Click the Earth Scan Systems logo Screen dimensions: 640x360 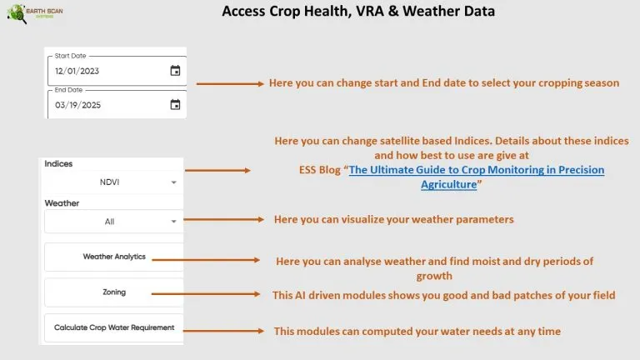[35, 13]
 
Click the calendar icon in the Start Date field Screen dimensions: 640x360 [175, 71]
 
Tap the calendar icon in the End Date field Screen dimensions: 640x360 [175, 104]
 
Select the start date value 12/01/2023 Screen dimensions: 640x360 [77, 71]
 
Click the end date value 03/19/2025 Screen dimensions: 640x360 [78, 105]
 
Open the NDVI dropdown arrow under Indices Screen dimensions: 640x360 [174, 182]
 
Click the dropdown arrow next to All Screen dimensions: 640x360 [174, 222]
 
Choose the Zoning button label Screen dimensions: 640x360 [114, 292]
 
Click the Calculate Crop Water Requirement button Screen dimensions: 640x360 [114, 327]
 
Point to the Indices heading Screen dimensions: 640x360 [58, 163]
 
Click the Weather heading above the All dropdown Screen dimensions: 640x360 [62, 203]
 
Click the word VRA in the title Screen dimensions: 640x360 [370, 11]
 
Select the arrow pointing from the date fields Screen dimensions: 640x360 [230, 83]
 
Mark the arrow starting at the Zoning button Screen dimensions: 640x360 [206, 294]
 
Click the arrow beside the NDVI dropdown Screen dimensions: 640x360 [217, 170]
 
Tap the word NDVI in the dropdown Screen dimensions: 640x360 [109, 182]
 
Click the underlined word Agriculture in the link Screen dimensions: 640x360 [449, 184]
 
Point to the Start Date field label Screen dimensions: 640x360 [70, 56]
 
